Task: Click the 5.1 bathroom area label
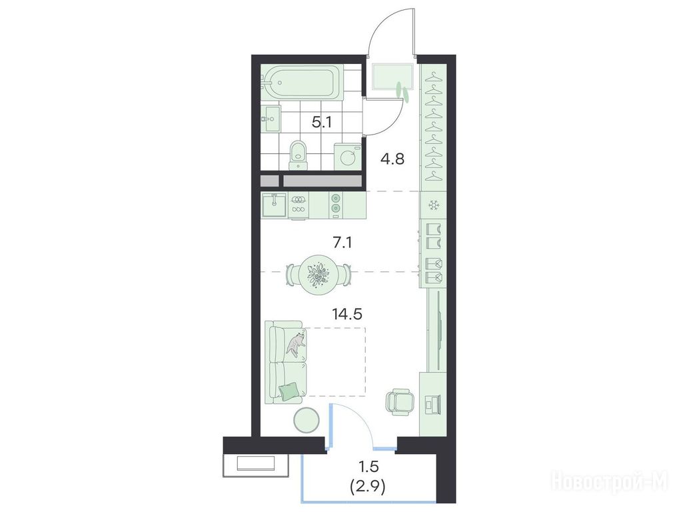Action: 322,123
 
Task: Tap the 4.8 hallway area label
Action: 392,159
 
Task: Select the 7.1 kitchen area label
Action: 342,243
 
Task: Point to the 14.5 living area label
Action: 347,314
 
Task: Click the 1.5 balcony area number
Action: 368,467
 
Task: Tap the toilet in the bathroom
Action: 298,155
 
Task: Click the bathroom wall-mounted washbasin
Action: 271,119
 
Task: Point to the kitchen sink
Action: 274,205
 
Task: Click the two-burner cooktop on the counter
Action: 335,204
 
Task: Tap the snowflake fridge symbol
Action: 432,205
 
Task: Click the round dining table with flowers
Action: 319,275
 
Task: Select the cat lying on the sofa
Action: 296,345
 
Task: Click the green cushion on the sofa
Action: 289,391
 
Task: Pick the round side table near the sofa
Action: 306,419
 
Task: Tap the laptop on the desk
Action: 432,405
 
